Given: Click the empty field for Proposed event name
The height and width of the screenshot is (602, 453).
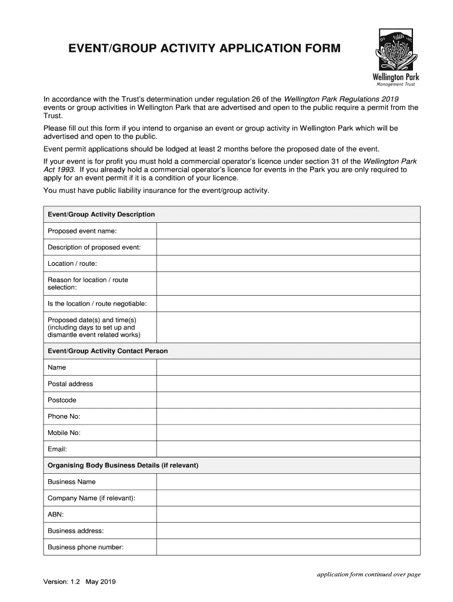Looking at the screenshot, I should tap(288, 231).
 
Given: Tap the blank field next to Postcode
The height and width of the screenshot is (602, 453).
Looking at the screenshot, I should tap(288, 400).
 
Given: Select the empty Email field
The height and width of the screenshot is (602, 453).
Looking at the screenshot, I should tap(288, 449).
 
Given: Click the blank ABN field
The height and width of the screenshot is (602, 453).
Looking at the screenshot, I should tap(288, 514).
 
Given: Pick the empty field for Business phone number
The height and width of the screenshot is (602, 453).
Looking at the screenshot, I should tap(288, 547).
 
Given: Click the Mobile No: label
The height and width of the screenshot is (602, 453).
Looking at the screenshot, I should tap(64, 433).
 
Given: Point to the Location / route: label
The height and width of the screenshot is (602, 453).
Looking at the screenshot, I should tap(72, 263).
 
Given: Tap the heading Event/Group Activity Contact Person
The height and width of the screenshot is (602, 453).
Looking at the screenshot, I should tap(108, 351).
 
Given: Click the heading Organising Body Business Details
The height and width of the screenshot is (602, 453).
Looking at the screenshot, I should tap(123, 466).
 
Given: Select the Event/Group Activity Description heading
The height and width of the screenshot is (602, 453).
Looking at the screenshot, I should tap(101, 215).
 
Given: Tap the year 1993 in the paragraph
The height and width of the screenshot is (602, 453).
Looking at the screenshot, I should tap(66, 169).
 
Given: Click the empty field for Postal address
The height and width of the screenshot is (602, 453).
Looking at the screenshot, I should tap(288, 384).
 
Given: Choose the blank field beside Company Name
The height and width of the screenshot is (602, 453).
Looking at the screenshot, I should tap(288, 498).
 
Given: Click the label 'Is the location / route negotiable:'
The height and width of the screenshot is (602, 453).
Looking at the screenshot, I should tap(97, 304).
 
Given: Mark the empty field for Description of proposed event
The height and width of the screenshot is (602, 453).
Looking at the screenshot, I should tap(288, 248).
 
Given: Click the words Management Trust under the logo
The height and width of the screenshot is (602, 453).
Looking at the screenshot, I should tap(396, 84).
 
